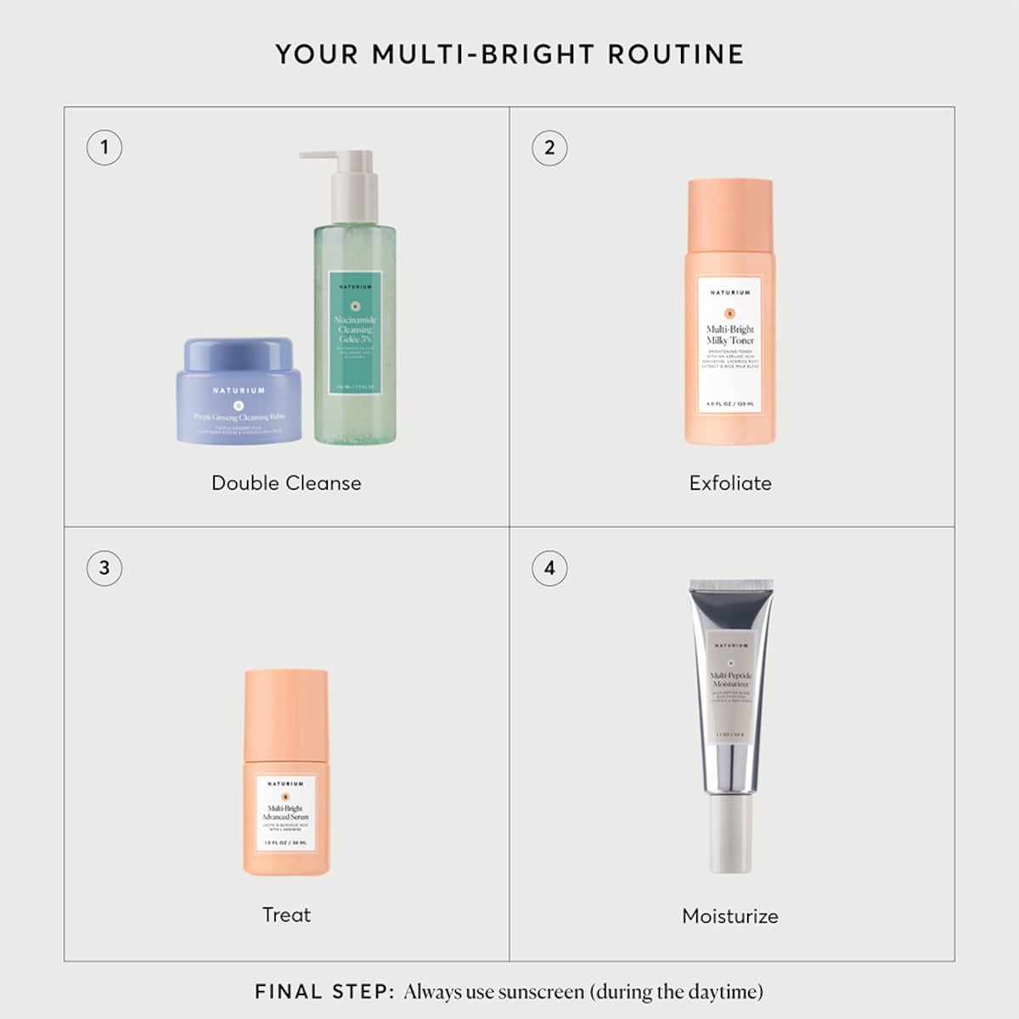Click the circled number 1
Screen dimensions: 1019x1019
pos(104,147)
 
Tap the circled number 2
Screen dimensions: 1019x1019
pos(549,147)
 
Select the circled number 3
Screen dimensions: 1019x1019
pos(104,567)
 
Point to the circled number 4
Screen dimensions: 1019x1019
pos(549,567)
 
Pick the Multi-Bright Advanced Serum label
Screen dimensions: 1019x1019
pos(286,812)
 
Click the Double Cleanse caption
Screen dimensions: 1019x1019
pos(286,483)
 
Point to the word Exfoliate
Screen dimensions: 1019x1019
pos(730,483)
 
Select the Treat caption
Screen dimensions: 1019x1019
pos(286,915)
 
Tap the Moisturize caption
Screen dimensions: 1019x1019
pos(730,916)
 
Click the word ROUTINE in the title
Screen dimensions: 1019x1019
pos(676,54)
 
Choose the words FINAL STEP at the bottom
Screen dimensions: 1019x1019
pos(324,992)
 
